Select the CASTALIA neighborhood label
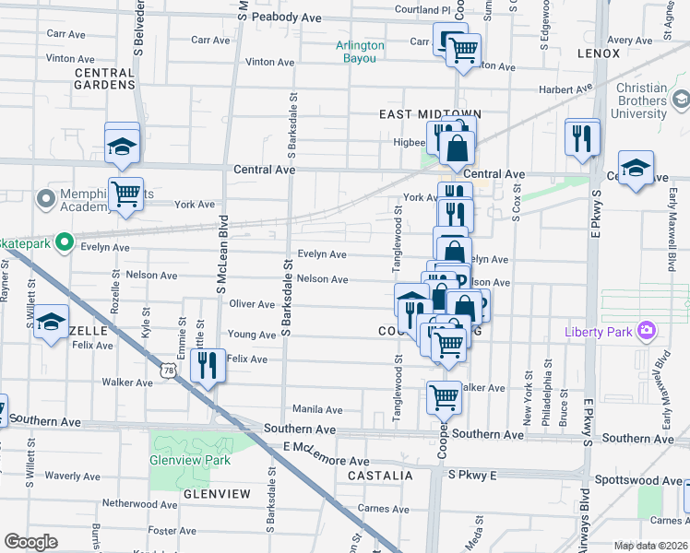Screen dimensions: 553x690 380,476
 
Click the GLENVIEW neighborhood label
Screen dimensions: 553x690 217,494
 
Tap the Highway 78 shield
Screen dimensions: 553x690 168,370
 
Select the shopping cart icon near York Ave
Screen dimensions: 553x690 125,194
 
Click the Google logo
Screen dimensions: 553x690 30,541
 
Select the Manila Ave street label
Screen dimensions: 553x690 317,409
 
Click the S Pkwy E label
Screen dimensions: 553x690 472,475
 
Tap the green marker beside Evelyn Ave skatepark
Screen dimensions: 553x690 64,243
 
